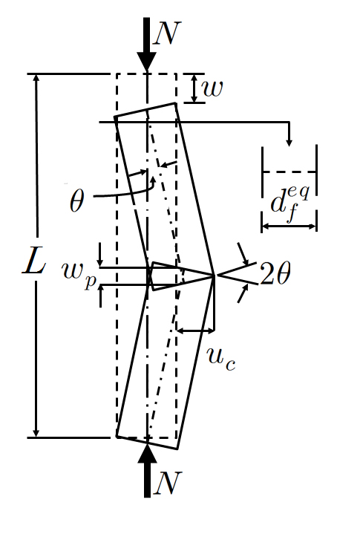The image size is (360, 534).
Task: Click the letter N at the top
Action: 167,33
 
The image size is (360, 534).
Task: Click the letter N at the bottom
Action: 168,483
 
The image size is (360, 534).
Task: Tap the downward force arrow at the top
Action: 147,45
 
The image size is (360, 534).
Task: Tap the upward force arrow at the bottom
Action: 147,469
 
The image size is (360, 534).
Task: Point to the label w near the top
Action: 213,88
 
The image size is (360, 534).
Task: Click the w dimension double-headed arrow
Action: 194,88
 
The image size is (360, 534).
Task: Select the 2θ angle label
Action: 275,273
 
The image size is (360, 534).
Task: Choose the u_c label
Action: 221,359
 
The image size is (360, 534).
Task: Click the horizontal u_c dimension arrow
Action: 195,330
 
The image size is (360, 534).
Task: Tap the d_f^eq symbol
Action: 290,203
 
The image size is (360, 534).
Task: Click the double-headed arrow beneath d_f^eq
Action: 289,226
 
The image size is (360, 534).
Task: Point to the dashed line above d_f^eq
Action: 289,172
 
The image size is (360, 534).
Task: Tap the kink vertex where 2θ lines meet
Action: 214,275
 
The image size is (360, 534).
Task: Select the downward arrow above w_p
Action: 99,255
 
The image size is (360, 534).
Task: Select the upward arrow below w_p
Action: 100,296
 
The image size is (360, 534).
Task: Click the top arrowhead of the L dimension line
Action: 36,78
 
